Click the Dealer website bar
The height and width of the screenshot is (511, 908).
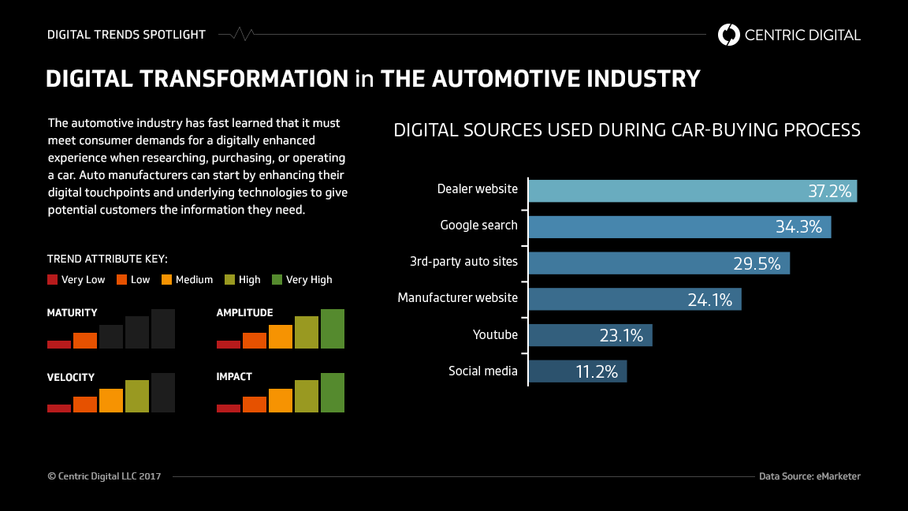(670, 191)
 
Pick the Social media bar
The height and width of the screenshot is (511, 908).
(552, 371)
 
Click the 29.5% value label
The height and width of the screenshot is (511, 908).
(757, 263)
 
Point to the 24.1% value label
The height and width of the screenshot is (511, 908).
(709, 300)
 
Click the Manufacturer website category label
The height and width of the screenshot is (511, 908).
(457, 298)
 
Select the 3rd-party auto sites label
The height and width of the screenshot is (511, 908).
(463, 261)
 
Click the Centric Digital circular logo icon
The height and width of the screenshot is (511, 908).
(728, 35)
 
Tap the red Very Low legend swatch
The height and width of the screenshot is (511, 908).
(53, 280)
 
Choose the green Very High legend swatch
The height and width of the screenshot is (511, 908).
(277, 280)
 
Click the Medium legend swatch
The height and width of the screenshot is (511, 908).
(166, 280)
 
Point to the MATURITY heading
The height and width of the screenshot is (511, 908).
(72, 313)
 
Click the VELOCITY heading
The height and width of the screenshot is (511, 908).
(70, 378)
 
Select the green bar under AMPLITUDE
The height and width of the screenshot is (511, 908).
(333, 329)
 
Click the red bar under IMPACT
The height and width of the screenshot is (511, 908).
(229, 408)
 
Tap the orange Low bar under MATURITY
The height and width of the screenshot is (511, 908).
(85, 341)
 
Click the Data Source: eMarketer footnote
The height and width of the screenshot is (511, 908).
(809, 476)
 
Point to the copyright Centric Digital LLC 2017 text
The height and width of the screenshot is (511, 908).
(104, 476)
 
